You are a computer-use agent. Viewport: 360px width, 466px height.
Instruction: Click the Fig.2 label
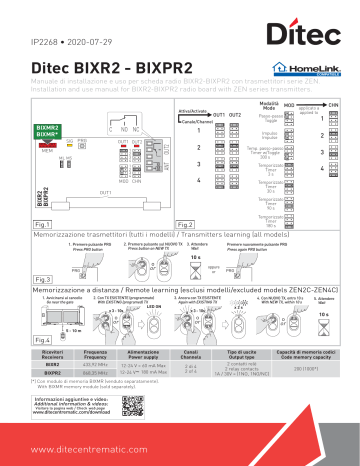tap(185, 225)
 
